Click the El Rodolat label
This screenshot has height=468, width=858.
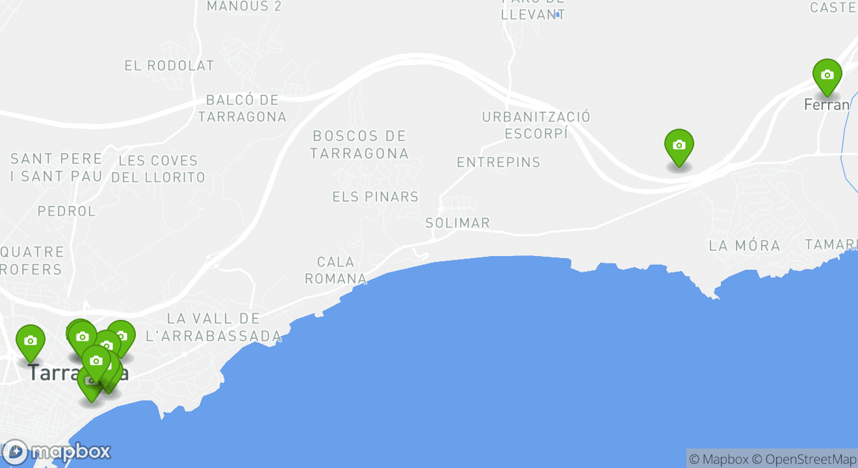(x=169, y=66)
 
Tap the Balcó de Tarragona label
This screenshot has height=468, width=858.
(x=242, y=109)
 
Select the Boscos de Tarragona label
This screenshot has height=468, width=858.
(x=359, y=144)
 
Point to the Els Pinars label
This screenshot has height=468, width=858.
(x=375, y=196)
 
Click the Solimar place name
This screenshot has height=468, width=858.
(x=458, y=223)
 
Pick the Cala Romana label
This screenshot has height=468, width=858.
(x=336, y=270)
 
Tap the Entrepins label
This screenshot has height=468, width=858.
(x=499, y=162)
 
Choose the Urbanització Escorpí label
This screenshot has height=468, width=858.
(x=536, y=125)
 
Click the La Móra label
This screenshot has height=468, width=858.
(x=744, y=246)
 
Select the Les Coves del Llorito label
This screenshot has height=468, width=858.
(x=158, y=168)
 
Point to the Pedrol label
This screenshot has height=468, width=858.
(x=66, y=211)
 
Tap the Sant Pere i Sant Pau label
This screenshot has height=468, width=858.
(x=57, y=167)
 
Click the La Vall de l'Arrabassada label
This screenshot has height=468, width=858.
(x=214, y=327)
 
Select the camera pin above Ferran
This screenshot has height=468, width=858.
(x=827, y=75)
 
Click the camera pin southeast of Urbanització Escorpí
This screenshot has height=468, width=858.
(x=679, y=146)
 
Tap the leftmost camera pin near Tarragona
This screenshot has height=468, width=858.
(x=31, y=341)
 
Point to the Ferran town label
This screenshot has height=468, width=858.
(x=827, y=105)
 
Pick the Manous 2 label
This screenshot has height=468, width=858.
(x=244, y=6)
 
